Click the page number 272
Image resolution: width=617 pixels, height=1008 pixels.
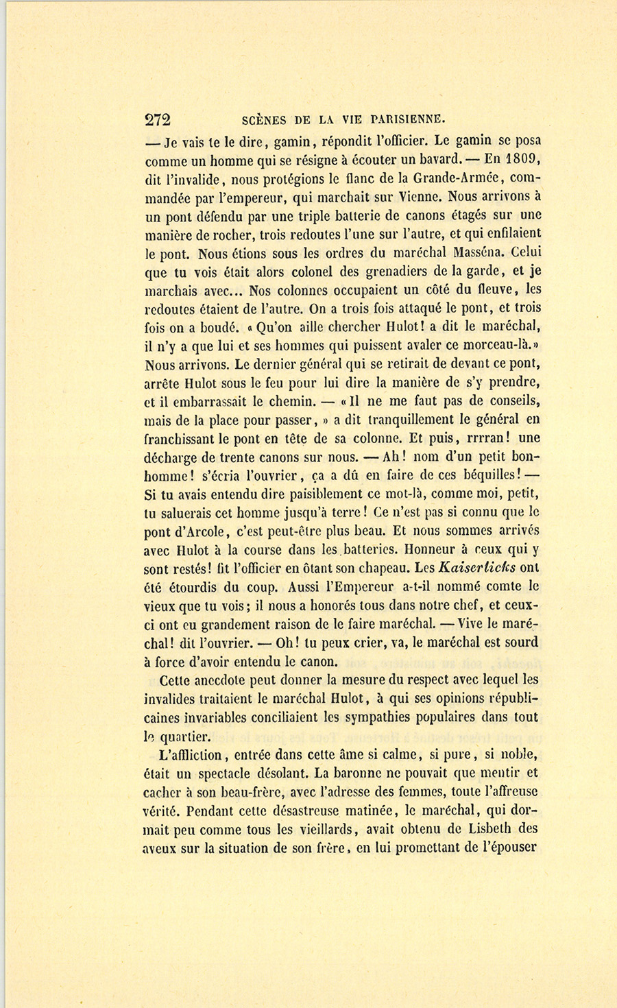pyautogui.click(x=158, y=119)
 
